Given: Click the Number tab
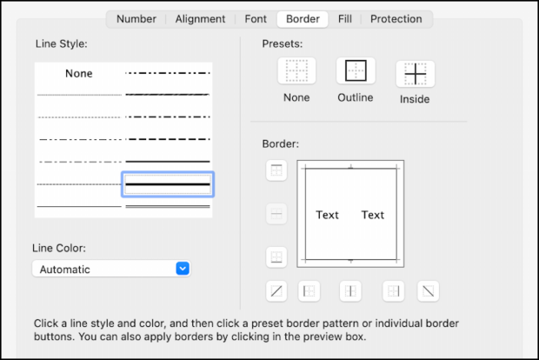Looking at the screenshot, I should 136,18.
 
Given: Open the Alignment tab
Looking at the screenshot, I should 200,18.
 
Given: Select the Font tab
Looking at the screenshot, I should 256,18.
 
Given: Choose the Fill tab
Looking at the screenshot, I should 344,18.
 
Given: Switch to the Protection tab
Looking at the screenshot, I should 396,18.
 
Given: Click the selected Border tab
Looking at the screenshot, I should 303,18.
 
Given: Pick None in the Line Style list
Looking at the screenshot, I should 78,74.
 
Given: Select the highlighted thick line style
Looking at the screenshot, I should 168,183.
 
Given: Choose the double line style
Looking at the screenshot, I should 168,206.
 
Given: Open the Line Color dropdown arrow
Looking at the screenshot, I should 183,269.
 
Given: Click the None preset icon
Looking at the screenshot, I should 296,71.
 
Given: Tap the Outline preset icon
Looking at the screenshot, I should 356,71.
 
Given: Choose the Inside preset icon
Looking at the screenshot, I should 416,73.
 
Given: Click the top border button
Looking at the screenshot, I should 276,171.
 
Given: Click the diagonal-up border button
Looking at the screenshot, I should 276,290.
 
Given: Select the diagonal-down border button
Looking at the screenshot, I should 428,290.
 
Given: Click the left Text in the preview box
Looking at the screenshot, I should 328,215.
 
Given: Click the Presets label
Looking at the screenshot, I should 283,43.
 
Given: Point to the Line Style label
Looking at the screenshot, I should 62,43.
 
